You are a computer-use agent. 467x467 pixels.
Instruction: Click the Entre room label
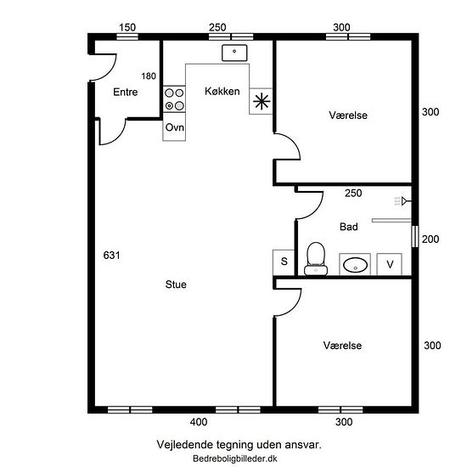click(x=126, y=92)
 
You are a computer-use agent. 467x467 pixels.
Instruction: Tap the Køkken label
click(x=222, y=91)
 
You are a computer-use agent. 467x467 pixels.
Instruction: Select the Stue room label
click(x=176, y=284)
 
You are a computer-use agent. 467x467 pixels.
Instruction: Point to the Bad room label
click(x=349, y=227)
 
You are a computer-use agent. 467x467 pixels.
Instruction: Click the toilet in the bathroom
click(x=316, y=258)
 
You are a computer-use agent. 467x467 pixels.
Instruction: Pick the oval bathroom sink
click(x=355, y=265)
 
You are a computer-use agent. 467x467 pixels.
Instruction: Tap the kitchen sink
click(x=234, y=53)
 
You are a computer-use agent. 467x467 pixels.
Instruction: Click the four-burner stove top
click(x=174, y=99)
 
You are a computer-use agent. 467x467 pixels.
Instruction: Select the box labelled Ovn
click(x=174, y=127)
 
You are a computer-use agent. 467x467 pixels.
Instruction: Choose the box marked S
click(x=284, y=262)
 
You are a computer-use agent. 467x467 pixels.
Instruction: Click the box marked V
click(x=390, y=264)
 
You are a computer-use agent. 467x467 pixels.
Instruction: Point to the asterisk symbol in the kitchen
click(x=262, y=101)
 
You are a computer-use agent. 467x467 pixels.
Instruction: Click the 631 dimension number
click(x=112, y=256)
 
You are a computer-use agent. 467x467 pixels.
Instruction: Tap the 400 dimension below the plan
click(x=199, y=422)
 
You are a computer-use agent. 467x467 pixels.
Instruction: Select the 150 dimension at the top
click(x=127, y=27)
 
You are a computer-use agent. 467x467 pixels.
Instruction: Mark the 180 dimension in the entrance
click(x=149, y=76)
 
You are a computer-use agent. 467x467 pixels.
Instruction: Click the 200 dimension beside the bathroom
click(x=430, y=239)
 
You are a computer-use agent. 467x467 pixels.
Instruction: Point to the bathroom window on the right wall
click(x=415, y=236)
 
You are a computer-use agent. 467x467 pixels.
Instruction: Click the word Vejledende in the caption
click(x=185, y=445)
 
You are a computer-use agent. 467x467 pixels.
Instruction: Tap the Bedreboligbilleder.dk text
click(x=235, y=459)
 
